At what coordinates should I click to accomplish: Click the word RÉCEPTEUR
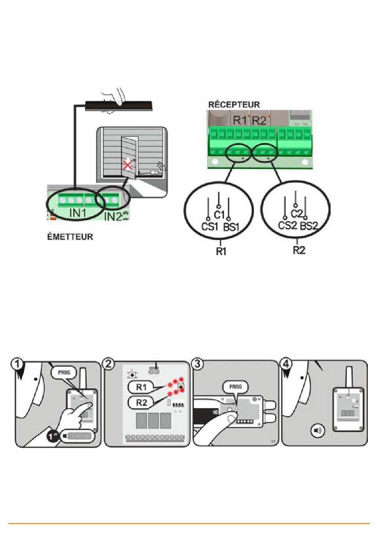tap(234, 105)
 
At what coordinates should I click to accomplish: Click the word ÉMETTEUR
tap(70, 237)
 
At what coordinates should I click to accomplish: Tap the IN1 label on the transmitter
tap(78, 213)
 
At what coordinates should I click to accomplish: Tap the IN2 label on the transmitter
tap(113, 216)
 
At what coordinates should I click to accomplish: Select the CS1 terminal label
tap(210, 227)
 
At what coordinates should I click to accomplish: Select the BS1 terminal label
tap(231, 227)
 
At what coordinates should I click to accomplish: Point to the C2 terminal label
tap(297, 214)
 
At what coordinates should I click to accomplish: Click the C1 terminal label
tap(219, 215)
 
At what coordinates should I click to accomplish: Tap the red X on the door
tap(128, 166)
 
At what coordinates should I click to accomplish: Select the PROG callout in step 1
tap(64, 372)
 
